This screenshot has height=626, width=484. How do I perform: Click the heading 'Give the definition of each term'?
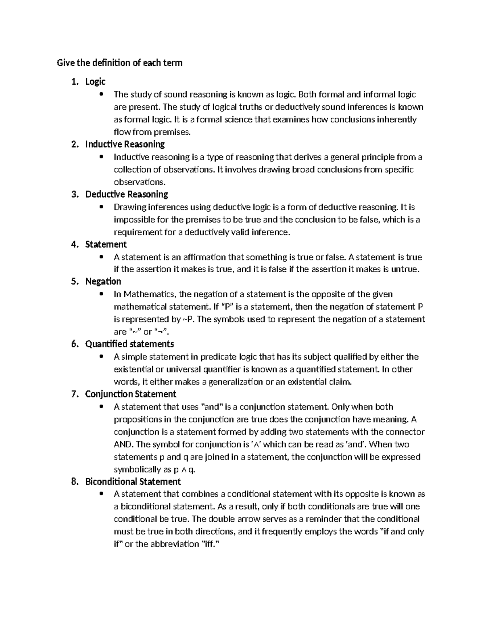click(119, 63)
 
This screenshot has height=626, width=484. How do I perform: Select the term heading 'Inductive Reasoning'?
click(125, 144)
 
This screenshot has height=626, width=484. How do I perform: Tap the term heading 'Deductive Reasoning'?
click(127, 194)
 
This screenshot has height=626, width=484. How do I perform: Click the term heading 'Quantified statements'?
click(129, 344)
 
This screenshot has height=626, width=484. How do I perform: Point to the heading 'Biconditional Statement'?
click(133, 482)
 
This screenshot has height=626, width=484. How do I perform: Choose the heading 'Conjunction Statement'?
click(131, 394)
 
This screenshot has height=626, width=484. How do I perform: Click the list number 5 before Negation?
click(74, 281)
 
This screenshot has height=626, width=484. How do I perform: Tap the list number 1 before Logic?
click(74, 82)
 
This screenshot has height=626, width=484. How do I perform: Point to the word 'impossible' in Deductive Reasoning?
click(133, 220)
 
